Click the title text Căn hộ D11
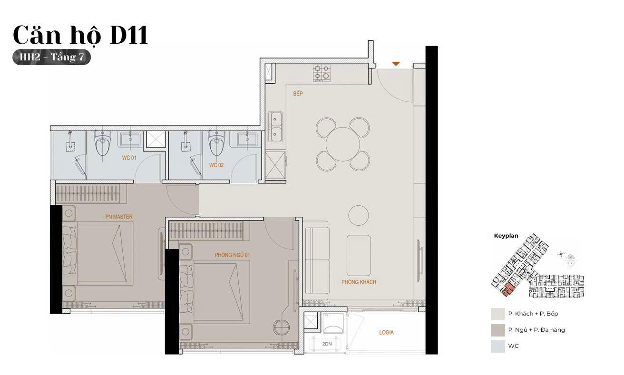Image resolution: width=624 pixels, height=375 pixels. pos(80,35)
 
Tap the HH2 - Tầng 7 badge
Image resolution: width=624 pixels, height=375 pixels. pos(51,57)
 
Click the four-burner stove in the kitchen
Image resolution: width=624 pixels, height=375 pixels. pos(322,73)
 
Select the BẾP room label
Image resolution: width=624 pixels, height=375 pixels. pos(298,94)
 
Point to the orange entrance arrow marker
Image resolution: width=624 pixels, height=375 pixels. pos(396,64)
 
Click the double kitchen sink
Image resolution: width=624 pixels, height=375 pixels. pos(275,127)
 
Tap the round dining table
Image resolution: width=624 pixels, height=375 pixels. pos(342,144)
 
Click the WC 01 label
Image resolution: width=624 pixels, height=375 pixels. pos(129,158)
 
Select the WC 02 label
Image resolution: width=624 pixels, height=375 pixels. pos(216,165)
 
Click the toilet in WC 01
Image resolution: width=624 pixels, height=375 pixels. pos(103,143)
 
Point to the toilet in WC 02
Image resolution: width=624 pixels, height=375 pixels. pos(216,143)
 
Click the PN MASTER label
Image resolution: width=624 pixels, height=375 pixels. pos(119,217)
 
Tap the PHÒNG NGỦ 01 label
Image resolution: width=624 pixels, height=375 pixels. pos(232,255)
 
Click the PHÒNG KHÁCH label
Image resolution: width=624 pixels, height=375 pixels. pos(359,282)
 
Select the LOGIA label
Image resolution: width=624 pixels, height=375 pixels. pos(386,332)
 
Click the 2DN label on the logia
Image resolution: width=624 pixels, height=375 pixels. pos(327,344)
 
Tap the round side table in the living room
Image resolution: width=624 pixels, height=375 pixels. pos(359,215)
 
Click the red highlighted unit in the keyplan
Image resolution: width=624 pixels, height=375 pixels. pos(508,289)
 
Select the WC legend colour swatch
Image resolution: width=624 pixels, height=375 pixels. pos(498,346)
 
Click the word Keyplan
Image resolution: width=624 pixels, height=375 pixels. pos(506,236)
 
